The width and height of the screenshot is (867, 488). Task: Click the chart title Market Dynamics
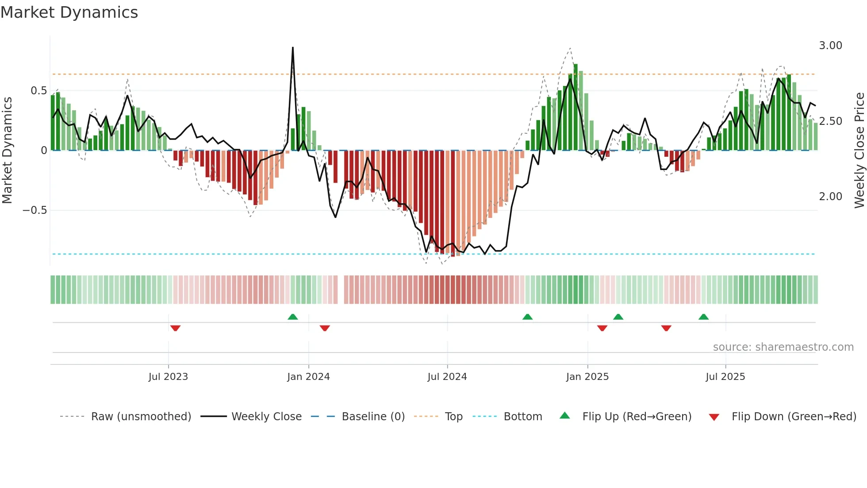point(69,12)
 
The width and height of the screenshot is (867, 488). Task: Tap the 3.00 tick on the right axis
point(830,46)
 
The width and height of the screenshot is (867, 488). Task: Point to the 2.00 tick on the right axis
point(830,197)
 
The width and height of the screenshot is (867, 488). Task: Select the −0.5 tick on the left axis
point(35,210)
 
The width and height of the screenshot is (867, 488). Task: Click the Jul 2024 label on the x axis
point(447,377)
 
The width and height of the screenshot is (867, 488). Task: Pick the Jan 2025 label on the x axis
point(587,377)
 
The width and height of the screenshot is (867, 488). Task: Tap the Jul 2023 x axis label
point(168,377)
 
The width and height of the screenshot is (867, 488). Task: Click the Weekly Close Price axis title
point(859,151)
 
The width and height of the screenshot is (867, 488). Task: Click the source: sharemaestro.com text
point(783,347)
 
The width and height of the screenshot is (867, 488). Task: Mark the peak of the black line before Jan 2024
point(293,48)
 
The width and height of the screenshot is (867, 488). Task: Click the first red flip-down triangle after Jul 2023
point(175,328)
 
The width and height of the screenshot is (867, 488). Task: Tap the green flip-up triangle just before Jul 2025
point(703,317)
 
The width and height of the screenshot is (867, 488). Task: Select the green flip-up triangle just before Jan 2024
point(292,317)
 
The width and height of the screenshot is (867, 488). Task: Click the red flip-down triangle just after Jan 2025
point(602,328)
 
